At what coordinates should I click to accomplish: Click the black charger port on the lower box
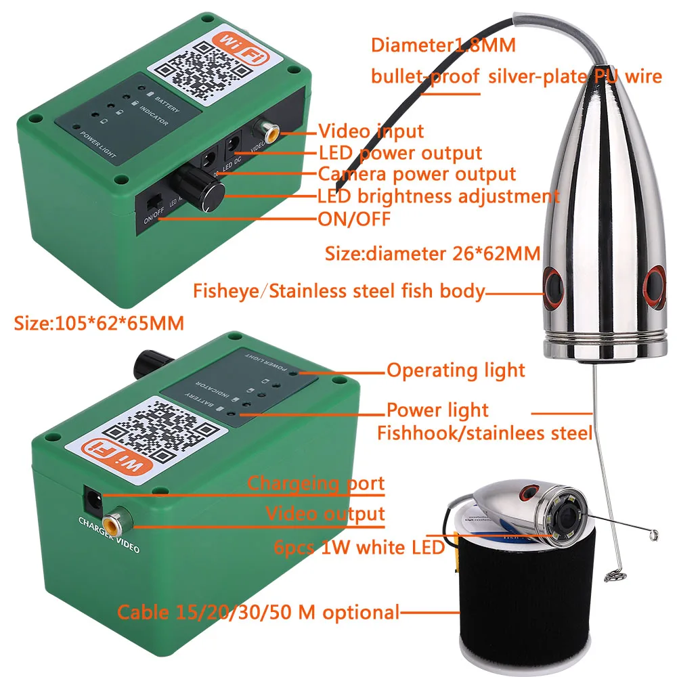point(93,501)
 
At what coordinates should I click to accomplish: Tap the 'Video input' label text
point(371,131)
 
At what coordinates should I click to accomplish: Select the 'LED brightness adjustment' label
point(439,196)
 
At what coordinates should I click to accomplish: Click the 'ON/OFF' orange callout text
point(354,219)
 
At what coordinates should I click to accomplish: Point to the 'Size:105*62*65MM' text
point(100,322)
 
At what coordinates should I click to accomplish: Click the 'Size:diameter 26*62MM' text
point(433,255)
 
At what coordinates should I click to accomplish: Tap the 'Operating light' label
point(456,370)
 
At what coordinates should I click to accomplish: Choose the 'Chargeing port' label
point(315,483)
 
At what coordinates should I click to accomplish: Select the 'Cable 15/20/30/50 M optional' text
point(259,613)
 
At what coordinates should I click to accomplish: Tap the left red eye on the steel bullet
point(552,284)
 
